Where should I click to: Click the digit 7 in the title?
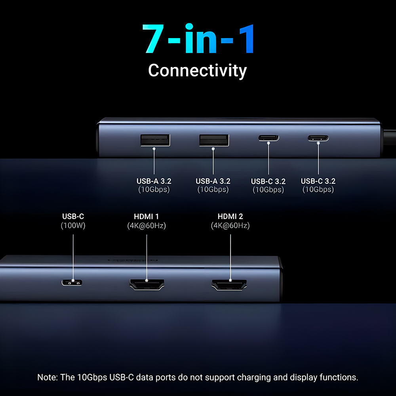(x=153, y=39)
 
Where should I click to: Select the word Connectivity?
(x=198, y=70)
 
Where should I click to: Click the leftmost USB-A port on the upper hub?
(x=155, y=140)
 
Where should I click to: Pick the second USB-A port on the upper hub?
(x=214, y=140)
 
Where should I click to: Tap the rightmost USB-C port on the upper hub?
(x=318, y=138)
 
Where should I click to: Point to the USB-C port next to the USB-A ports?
(x=268, y=138)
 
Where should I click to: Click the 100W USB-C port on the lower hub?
(x=72, y=282)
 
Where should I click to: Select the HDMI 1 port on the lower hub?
(x=147, y=285)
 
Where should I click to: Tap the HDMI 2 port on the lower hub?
(x=229, y=285)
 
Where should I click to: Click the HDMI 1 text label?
(x=146, y=217)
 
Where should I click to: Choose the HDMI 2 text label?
(x=230, y=217)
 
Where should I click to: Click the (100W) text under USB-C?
(x=73, y=225)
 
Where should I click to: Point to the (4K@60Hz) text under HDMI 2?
(x=230, y=225)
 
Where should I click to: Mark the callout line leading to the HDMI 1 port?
(x=147, y=257)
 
